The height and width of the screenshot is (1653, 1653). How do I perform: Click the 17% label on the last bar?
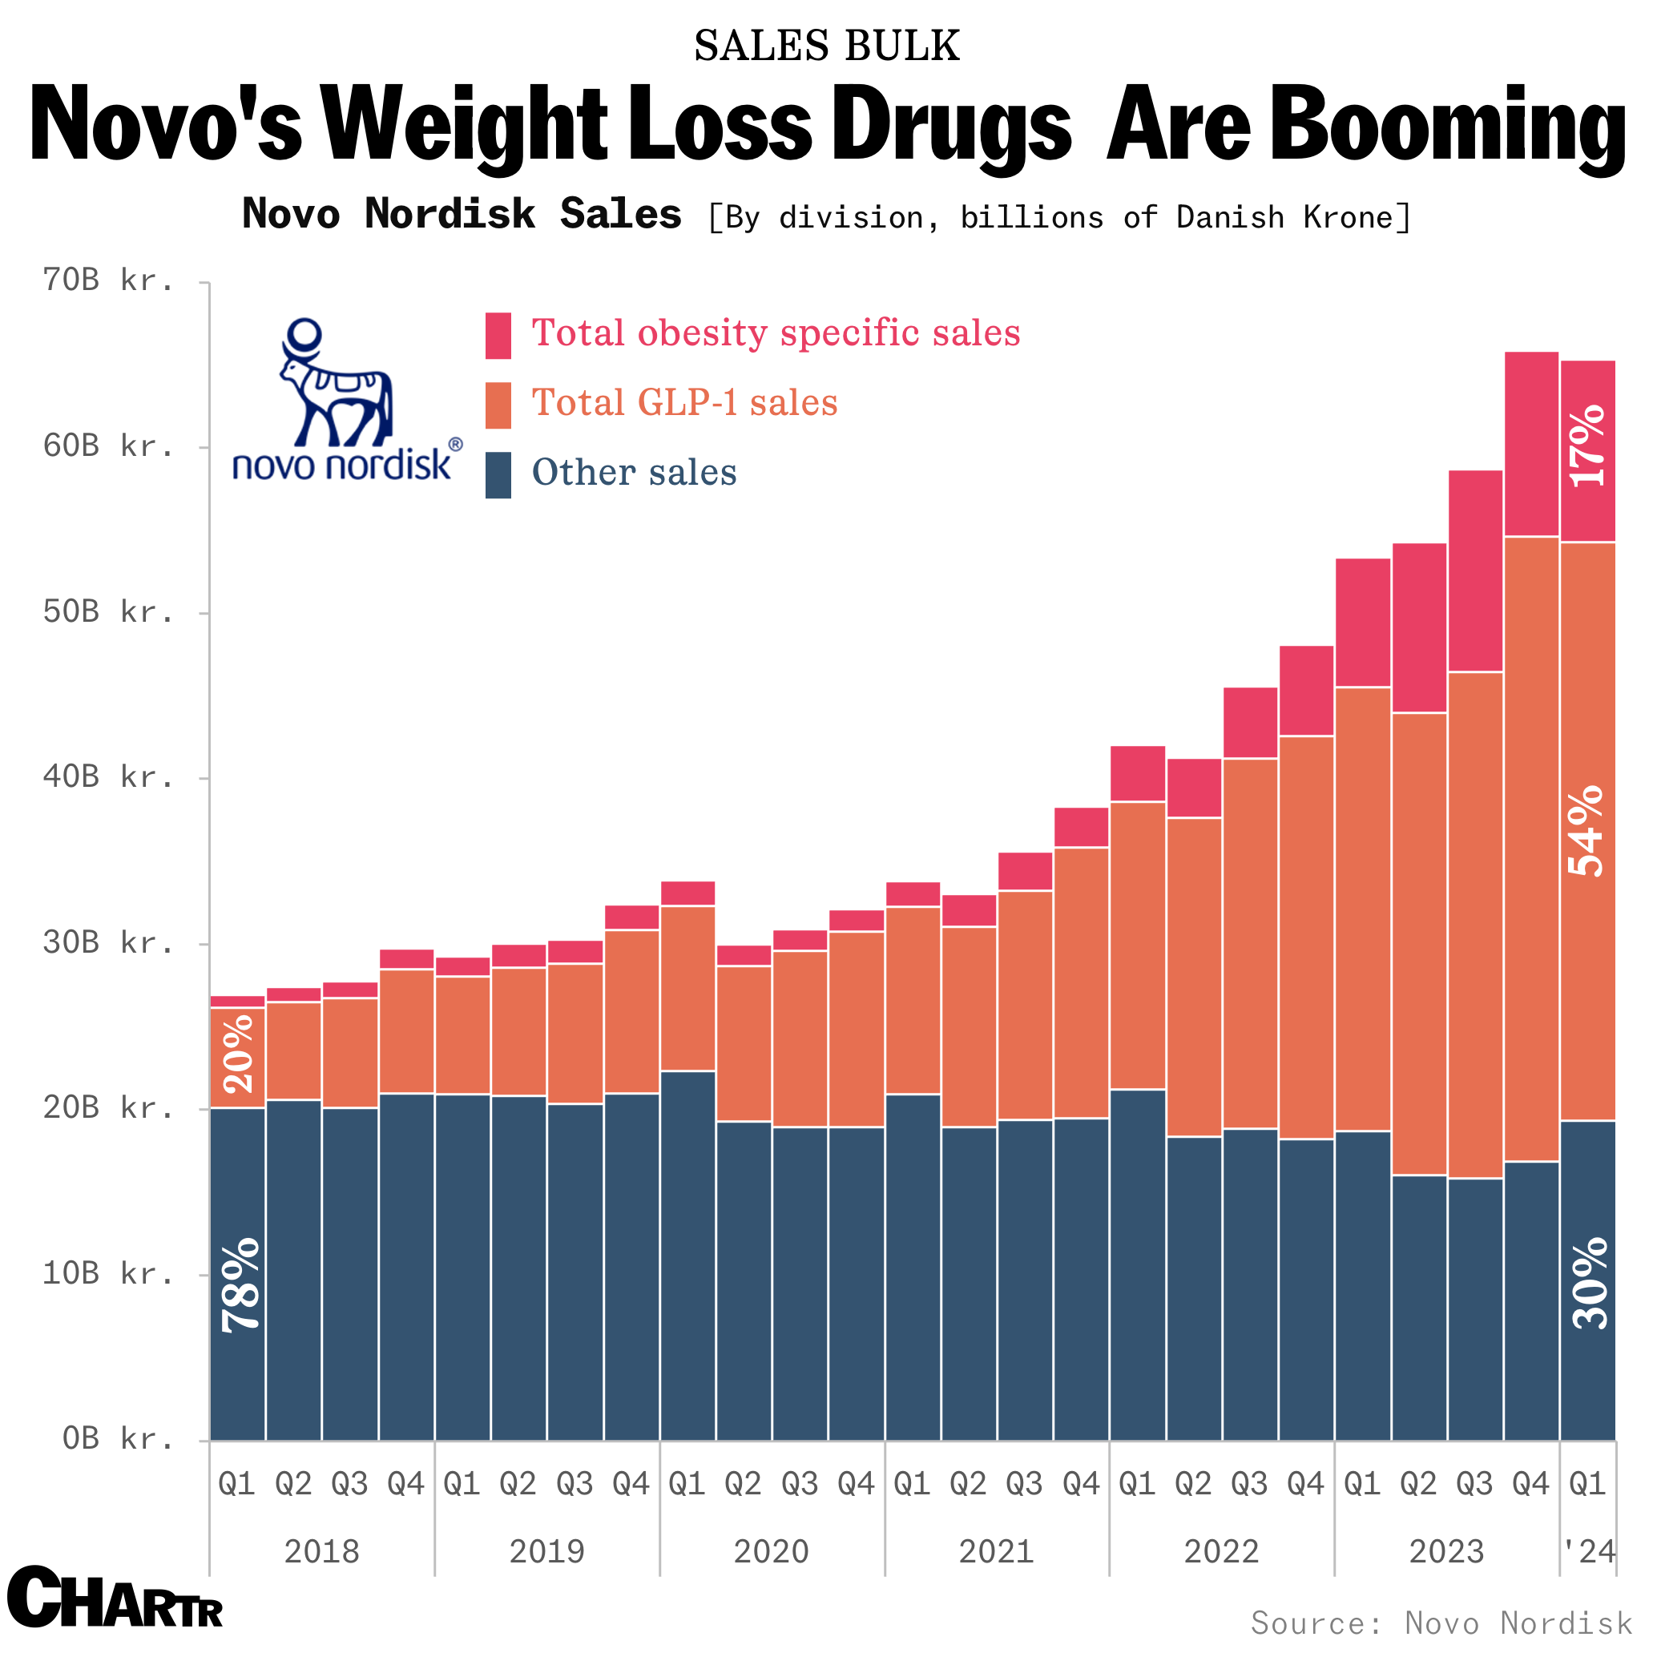(x=1588, y=446)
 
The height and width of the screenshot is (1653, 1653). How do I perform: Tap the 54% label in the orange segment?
(x=1588, y=831)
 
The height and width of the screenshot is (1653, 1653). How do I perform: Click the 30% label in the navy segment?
(x=1590, y=1283)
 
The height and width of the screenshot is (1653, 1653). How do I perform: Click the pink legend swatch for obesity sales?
(x=498, y=336)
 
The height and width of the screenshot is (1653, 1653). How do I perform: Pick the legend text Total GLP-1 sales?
(x=684, y=403)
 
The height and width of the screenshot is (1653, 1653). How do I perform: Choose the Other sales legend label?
(x=634, y=472)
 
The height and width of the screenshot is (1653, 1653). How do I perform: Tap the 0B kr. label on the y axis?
(x=118, y=1439)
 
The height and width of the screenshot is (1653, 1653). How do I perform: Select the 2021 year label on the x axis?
(x=996, y=1550)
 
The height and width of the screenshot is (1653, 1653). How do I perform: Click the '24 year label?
(x=1588, y=1550)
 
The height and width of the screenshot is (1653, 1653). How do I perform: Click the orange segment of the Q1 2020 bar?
(x=687, y=988)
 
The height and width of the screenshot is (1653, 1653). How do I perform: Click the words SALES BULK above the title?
(x=827, y=46)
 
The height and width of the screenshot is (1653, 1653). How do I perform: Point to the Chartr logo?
(x=115, y=1598)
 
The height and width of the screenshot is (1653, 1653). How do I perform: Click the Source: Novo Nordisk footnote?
(x=1441, y=1623)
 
